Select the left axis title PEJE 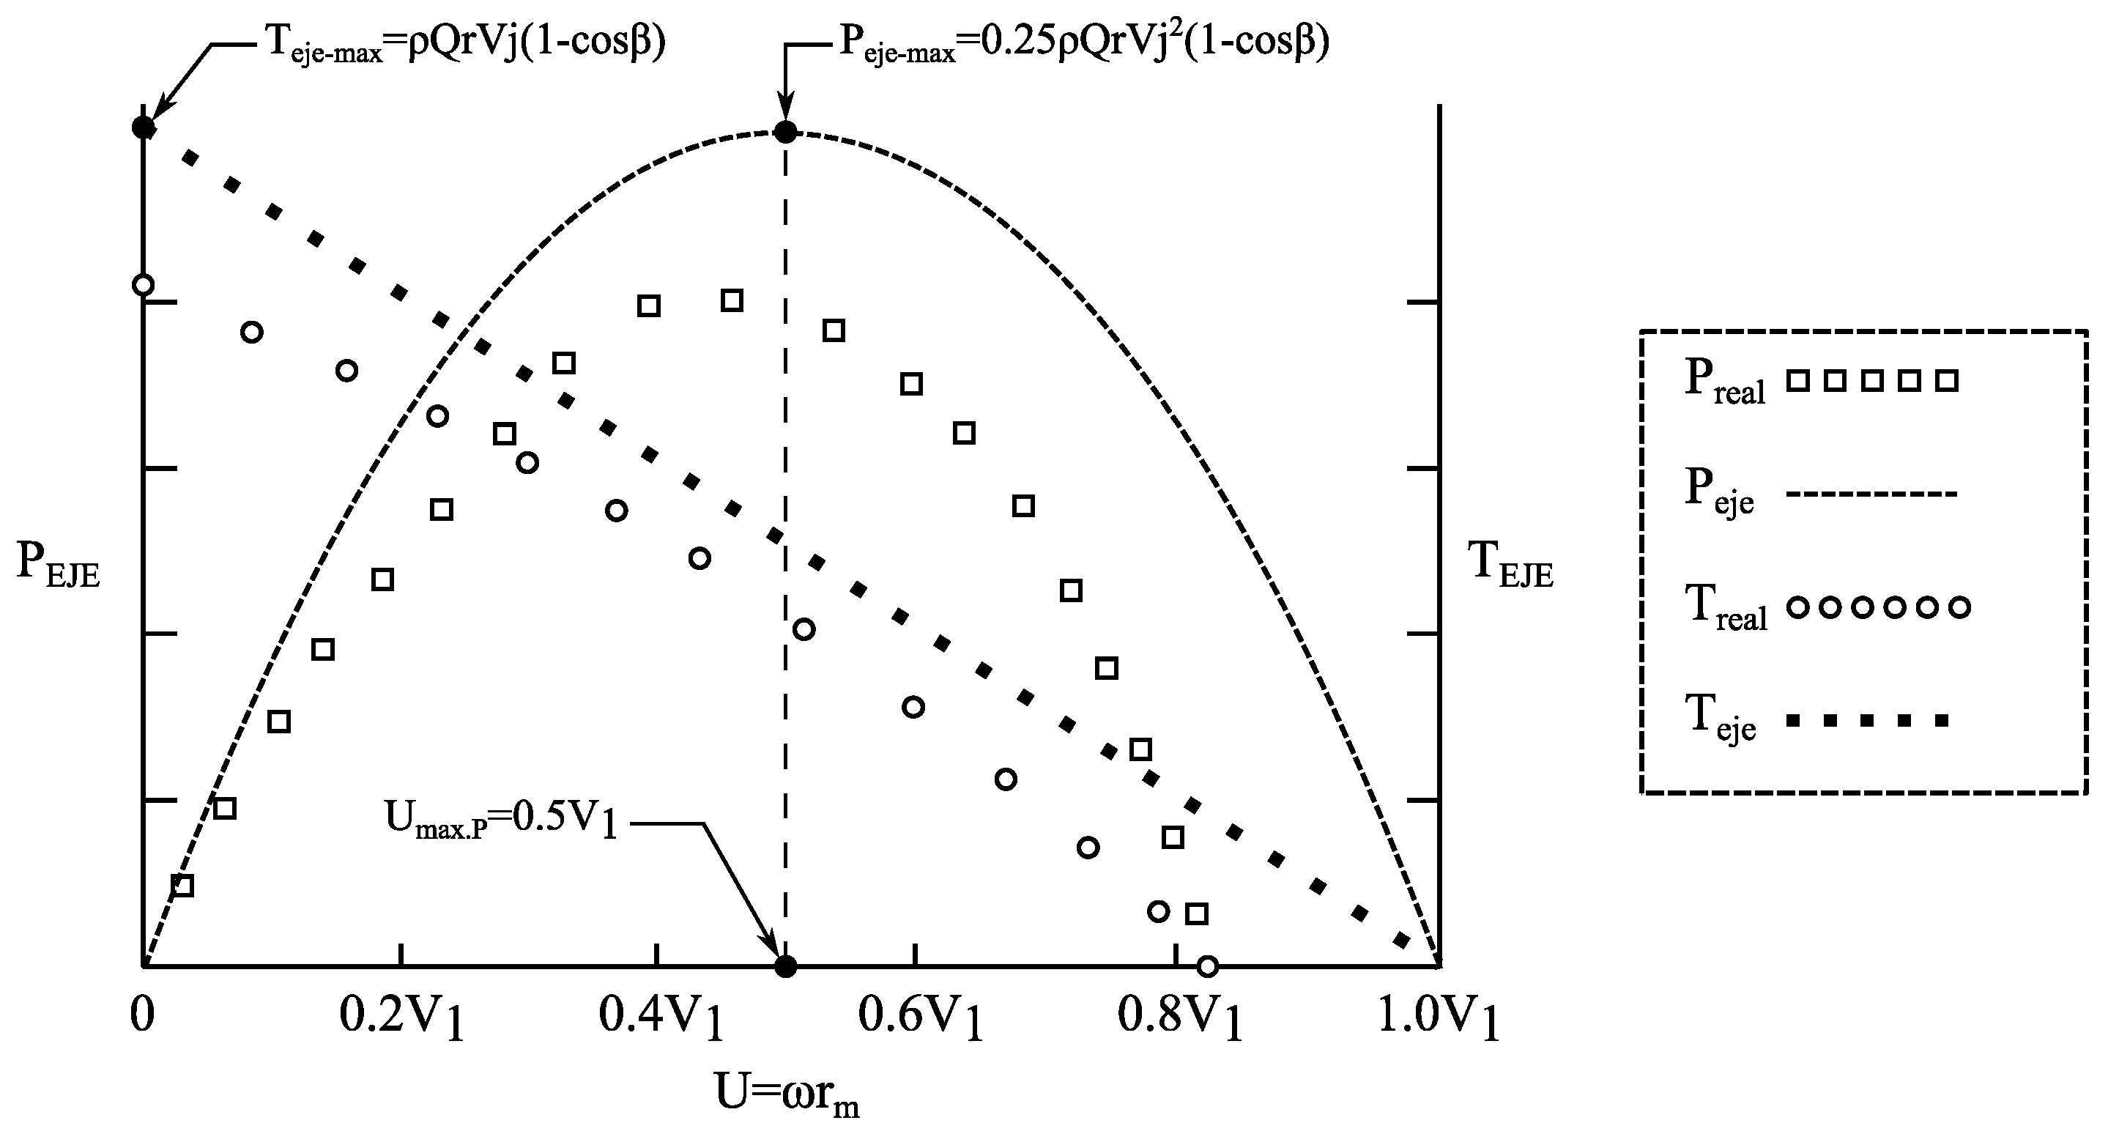[58, 566]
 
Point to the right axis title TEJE [1510, 566]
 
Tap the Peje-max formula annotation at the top [1083, 41]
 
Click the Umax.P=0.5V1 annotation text [500, 820]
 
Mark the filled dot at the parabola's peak [787, 133]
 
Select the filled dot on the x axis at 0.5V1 [787, 966]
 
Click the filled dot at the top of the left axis [143, 127]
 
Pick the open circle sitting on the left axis [143, 285]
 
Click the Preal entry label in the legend [1724, 383]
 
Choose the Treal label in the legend [1726, 609]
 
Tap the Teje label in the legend [1719, 721]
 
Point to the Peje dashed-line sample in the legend [1871, 494]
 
